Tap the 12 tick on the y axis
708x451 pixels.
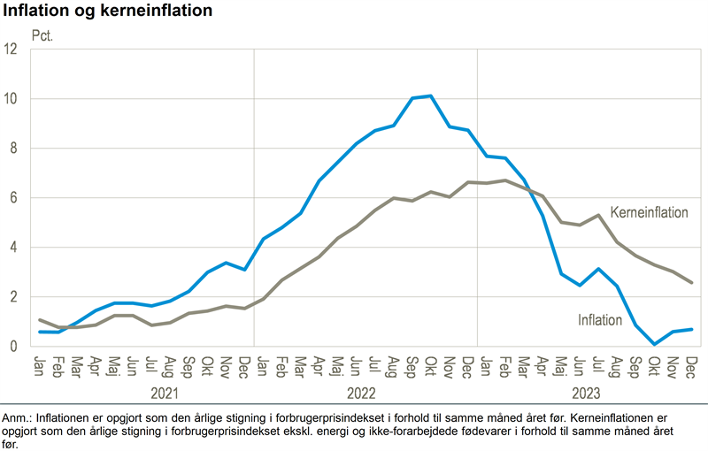pos(12,50)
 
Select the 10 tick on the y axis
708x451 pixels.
pos(12,99)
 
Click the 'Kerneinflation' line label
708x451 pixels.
pos(649,213)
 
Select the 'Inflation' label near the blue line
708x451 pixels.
pos(600,320)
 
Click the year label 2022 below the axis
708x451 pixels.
pos(365,393)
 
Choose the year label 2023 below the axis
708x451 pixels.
pos(588,393)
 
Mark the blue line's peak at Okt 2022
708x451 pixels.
pos(431,96)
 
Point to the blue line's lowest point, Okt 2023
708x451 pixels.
pos(654,344)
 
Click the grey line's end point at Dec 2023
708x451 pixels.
pos(691,283)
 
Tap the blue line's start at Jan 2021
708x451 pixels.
pos(41,332)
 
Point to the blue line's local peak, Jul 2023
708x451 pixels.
pos(598,269)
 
